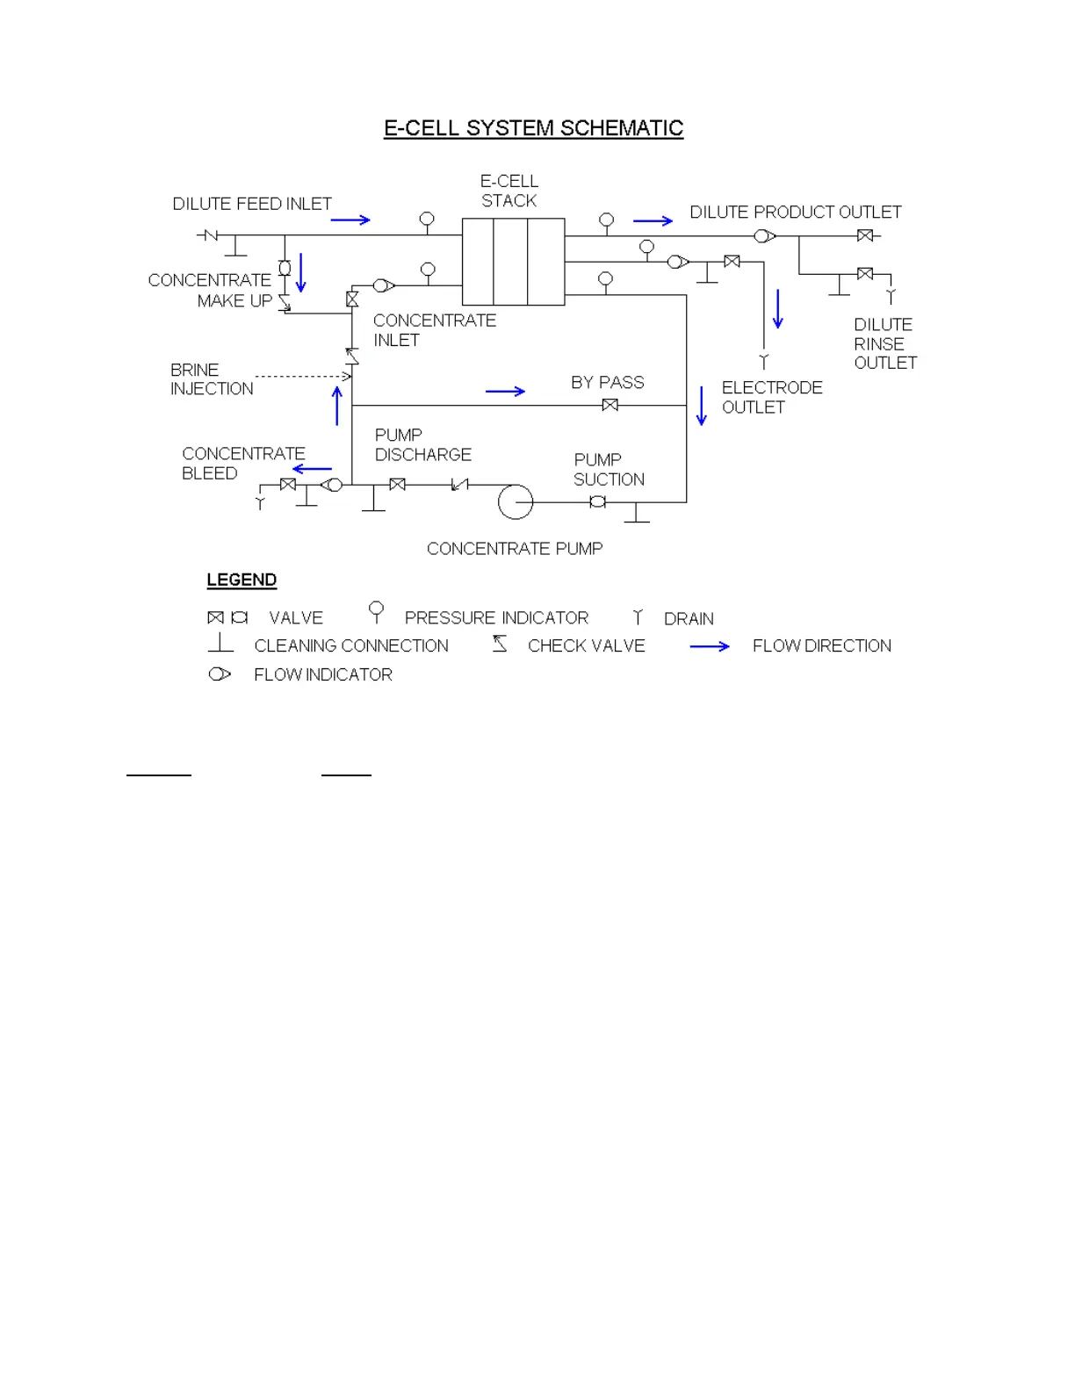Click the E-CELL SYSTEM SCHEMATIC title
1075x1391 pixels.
(x=533, y=128)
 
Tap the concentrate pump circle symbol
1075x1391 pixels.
(x=516, y=502)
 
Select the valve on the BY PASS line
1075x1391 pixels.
(x=610, y=405)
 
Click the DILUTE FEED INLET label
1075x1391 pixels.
(x=252, y=204)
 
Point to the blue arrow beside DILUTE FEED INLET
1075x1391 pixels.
(x=350, y=220)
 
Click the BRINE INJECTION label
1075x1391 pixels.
(x=212, y=379)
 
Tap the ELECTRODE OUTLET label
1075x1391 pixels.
(x=772, y=397)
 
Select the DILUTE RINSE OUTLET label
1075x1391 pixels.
(x=885, y=343)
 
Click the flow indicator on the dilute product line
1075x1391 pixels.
(x=765, y=235)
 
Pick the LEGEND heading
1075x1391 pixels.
(x=242, y=580)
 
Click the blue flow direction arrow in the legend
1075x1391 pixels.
(x=710, y=646)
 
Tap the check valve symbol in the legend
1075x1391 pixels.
(x=500, y=644)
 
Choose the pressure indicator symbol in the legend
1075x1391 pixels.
(x=377, y=611)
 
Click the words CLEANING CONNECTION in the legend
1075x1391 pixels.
(x=351, y=646)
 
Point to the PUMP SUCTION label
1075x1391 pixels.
(x=609, y=470)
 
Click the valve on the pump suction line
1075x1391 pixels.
(x=597, y=501)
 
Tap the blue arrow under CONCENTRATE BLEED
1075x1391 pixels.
(x=312, y=469)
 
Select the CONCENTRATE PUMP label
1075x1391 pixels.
(x=515, y=549)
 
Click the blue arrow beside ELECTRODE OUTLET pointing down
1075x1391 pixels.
(x=701, y=406)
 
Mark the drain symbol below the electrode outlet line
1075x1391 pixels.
(x=764, y=361)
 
